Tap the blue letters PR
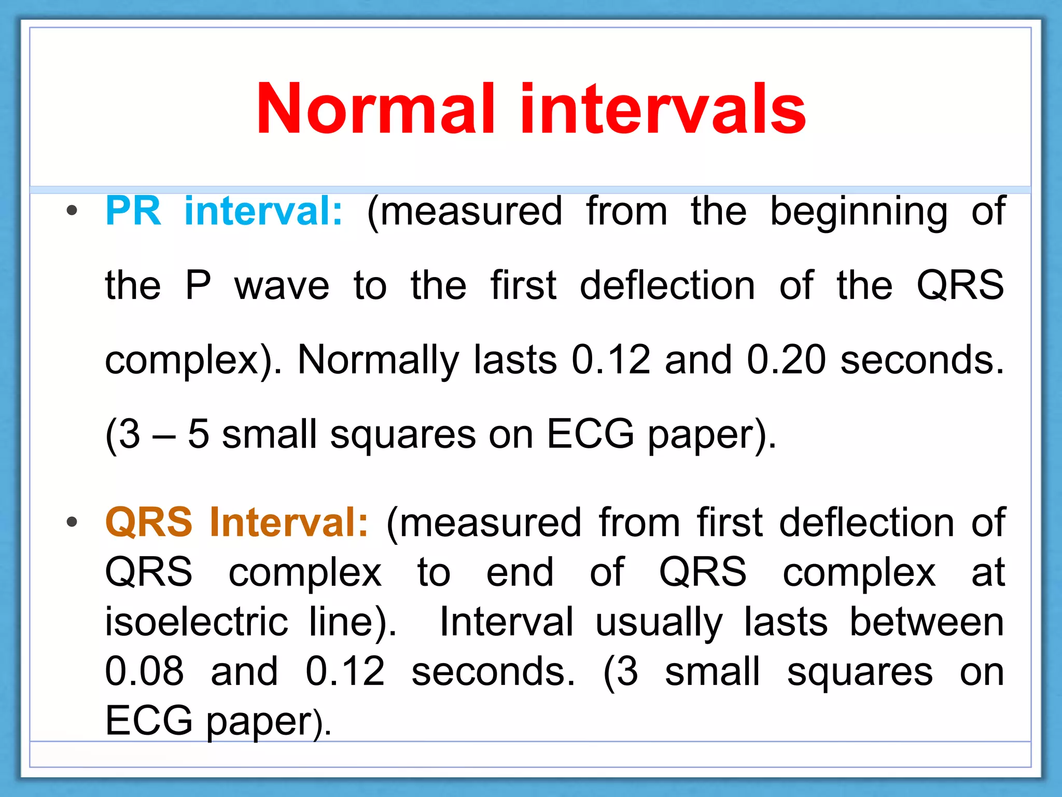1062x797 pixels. (x=133, y=211)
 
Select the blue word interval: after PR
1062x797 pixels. (x=263, y=211)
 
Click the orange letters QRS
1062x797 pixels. (x=149, y=523)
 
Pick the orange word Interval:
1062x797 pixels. (x=289, y=523)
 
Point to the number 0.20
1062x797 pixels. (x=786, y=360)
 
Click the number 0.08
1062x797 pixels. (x=144, y=671)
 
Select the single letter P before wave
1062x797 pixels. (x=198, y=285)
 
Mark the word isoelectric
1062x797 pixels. (x=196, y=622)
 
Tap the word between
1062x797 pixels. (x=927, y=622)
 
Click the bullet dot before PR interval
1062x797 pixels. (x=72, y=211)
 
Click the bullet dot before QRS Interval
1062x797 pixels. (x=72, y=522)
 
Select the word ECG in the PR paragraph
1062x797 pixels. (x=590, y=434)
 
